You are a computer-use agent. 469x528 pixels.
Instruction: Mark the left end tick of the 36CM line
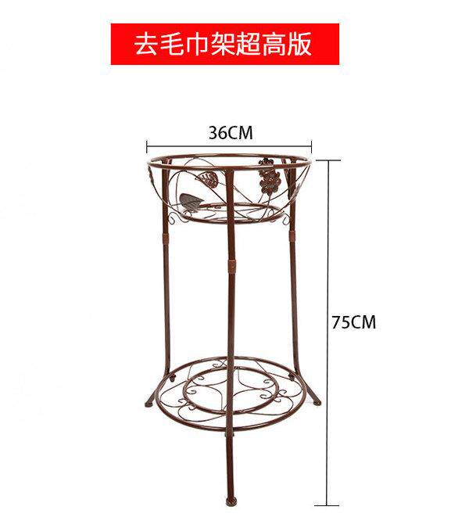(x=148, y=145)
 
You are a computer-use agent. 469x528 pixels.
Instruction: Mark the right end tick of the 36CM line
(x=312, y=145)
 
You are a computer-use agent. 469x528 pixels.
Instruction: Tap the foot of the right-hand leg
(x=317, y=403)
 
